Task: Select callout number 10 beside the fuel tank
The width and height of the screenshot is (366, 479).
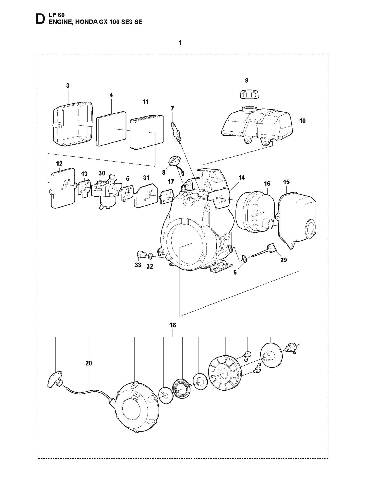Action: coord(302,121)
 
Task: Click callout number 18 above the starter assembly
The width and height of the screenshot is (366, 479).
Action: coord(172,325)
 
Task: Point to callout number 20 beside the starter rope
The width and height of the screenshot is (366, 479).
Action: coord(89,363)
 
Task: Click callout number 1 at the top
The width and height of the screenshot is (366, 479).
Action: coord(180,43)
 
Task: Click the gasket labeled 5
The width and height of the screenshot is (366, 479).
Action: coord(128,194)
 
